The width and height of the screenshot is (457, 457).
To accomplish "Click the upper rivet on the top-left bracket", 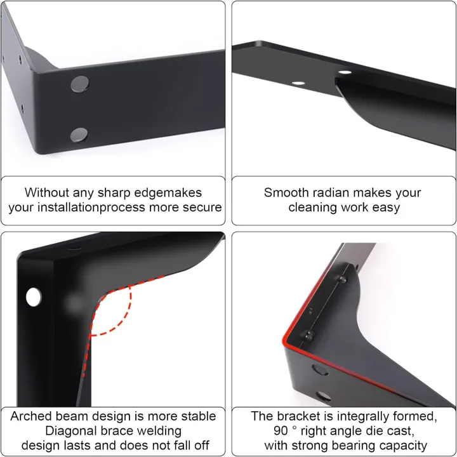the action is [80, 84].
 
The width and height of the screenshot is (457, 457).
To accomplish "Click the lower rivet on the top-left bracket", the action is [79, 135].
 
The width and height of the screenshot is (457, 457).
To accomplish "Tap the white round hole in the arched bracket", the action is [34, 297].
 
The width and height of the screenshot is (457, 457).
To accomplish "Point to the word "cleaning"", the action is [313, 208].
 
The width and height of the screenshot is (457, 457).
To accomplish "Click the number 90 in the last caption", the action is [281, 431].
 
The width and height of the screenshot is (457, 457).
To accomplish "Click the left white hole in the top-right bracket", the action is [298, 83].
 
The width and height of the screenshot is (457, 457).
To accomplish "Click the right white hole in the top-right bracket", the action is [345, 72].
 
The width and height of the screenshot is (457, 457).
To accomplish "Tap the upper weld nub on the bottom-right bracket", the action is [342, 279].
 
